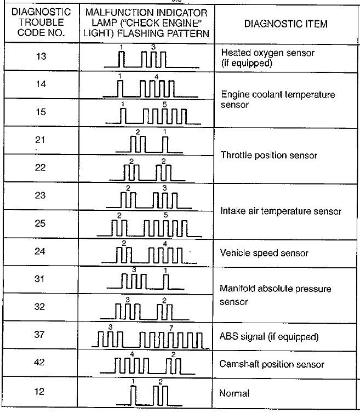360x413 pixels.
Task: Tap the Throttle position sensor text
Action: [x=269, y=156]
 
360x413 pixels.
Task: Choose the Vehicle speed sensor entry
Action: [x=264, y=253]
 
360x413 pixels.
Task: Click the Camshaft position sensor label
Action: [x=272, y=364]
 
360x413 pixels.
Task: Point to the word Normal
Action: [x=234, y=393]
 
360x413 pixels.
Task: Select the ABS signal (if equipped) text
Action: [x=269, y=336]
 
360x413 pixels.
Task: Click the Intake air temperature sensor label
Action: [x=281, y=211]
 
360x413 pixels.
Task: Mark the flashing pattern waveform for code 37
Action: [x=151, y=339]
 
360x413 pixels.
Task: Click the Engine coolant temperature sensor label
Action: [x=278, y=99]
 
